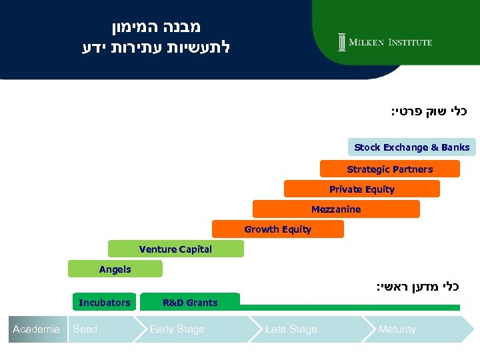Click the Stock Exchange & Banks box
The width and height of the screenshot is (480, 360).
411,147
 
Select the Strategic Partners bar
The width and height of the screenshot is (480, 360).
389,169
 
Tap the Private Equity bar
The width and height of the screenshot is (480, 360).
361,189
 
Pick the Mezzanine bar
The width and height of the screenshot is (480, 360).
336,209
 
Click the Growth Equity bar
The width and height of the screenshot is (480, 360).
277,229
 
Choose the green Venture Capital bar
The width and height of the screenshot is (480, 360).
175,249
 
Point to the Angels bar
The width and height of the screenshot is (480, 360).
115,269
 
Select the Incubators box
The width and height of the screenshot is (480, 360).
105,303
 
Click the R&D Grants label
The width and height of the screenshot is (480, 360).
190,303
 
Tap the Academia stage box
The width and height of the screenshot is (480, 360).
37,329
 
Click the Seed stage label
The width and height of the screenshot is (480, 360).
85,329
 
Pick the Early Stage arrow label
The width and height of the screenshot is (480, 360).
177,329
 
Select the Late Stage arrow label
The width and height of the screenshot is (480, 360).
291,329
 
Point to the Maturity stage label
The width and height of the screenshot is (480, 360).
397,329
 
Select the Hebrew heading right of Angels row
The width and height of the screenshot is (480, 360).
418,287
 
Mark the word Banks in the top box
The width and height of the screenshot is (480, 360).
455,147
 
